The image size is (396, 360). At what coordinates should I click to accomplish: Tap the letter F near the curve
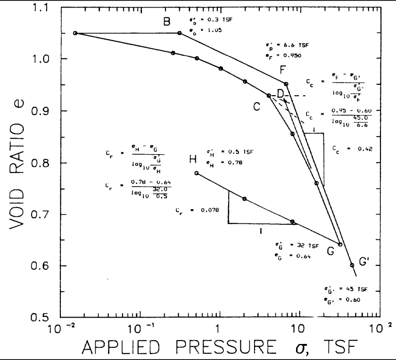tap(283, 70)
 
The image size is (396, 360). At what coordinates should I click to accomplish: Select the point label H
tap(193, 160)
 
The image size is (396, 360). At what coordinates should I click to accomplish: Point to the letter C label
tap(256, 107)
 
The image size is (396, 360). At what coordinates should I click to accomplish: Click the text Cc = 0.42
tap(352, 149)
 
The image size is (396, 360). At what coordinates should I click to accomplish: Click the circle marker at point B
tap(180, 33)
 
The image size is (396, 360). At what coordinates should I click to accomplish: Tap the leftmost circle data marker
tap(75, 33)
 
